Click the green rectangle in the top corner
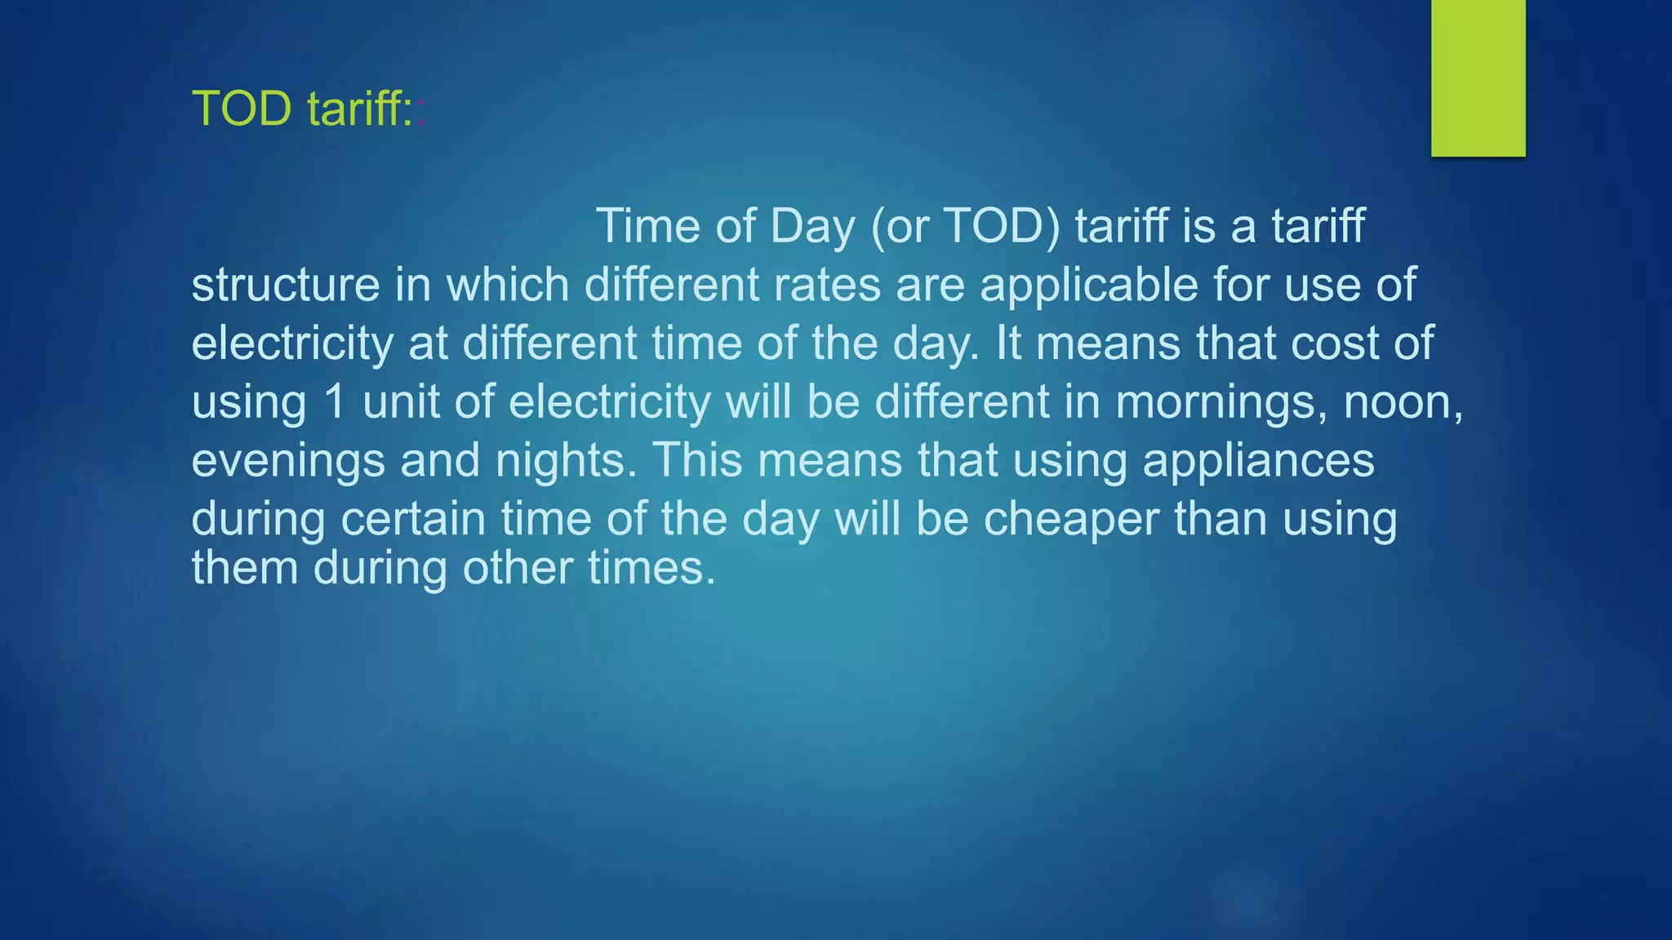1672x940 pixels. (x=1478, y=78)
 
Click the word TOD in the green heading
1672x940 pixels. (x=242, y=109)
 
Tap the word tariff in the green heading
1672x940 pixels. (x=359, y=109)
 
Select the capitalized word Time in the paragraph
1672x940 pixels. (x=648, y=226)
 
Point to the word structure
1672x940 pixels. (x=286, y=285)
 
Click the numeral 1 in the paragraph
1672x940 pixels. (x=336, y=402)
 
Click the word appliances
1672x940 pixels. (x=1258, y=462)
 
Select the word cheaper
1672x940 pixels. (x=1071, y=521)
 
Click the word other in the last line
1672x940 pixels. (x=518, y=568)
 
